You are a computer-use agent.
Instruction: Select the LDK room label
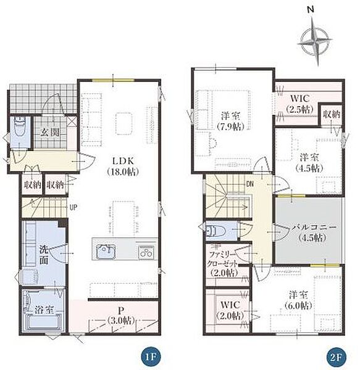tap(123, 166)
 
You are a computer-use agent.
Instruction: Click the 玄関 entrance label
tap(50, 132)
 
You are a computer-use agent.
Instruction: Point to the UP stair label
tap(73, 207)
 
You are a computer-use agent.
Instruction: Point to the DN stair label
tap(250, 184)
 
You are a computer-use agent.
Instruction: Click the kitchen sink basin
tap(106, 252)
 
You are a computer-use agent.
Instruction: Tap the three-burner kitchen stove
tap(146, 252)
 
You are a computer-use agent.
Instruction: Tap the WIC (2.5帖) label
tap(299, 104)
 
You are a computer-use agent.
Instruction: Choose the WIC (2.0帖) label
tap(230, 310)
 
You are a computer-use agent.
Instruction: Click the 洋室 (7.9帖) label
tap(230, 121)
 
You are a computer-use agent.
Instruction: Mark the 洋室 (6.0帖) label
tap(299, 300)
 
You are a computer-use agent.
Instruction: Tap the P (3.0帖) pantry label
tap(120, 316)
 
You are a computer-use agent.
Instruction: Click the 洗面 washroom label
tap(44, 255)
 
